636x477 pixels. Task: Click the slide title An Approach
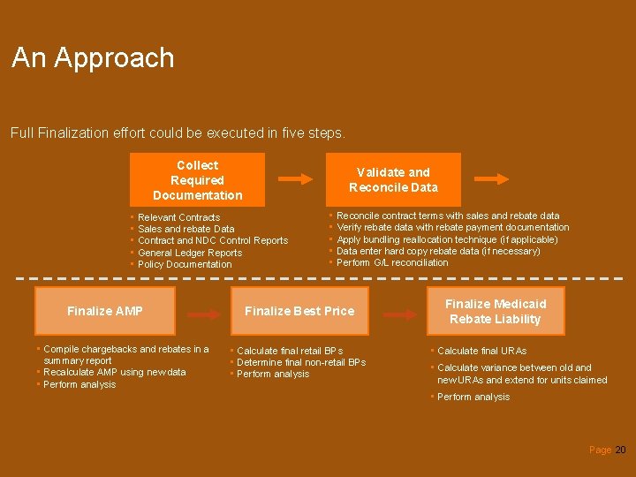pos(93,58)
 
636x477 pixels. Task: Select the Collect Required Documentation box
pos(197,180)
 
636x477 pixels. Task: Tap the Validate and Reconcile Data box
pos(393,179)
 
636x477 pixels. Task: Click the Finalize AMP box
pos(105,311)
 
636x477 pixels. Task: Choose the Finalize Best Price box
pos(299,311)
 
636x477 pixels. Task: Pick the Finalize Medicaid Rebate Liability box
pos(496,311)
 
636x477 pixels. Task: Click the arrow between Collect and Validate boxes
pos(301,178)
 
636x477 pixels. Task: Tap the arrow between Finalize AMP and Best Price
pos(204,314)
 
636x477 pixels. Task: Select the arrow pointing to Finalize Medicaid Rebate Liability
pos(398,314)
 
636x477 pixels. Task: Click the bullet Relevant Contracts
pos(179,217)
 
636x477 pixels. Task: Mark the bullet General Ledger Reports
pos(190,253)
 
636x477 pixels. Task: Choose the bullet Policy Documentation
pos(185,264)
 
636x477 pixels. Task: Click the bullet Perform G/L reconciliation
pos(392,262)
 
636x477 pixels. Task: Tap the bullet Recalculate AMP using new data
pos(115,372)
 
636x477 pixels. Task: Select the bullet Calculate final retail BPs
pos(290,351)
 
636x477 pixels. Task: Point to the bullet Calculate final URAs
pos(481,351)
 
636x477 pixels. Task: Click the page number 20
pos(620,450)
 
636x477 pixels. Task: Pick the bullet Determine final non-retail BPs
pos(301,362)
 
